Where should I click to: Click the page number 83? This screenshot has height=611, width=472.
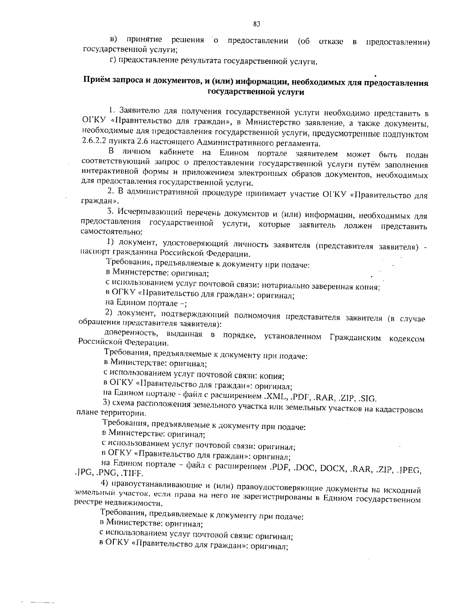[256, 24]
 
